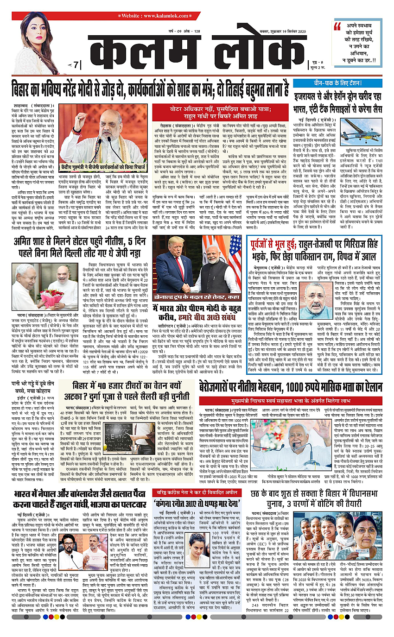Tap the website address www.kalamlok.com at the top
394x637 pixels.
197,15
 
